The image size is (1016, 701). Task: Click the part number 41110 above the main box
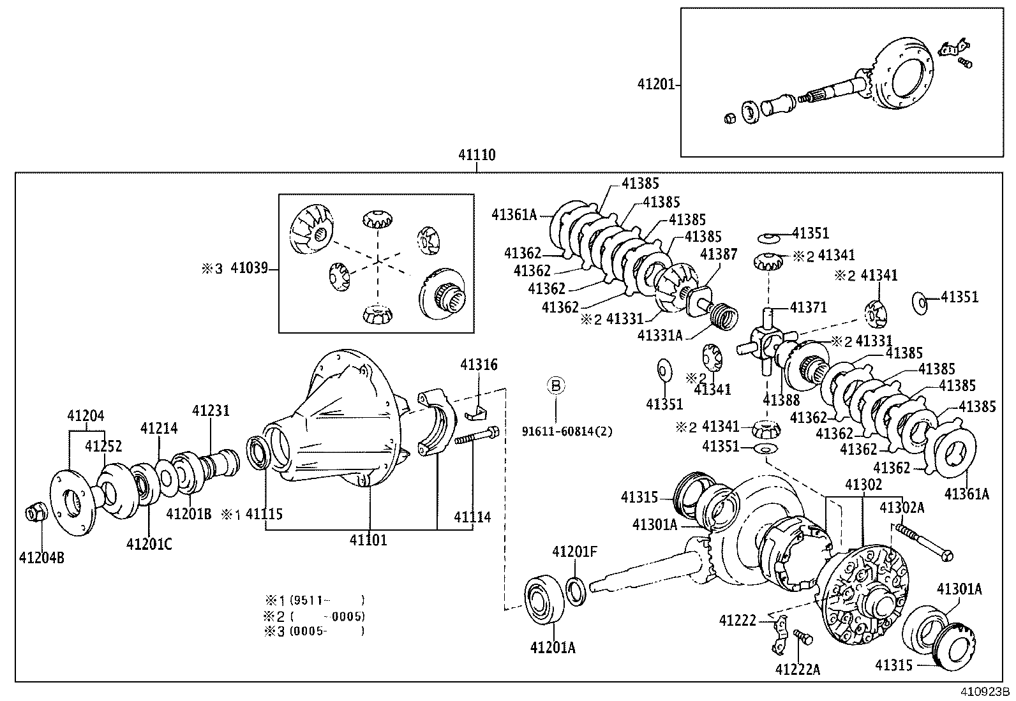coord(477,155)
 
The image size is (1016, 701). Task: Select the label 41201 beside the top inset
coord(655,84)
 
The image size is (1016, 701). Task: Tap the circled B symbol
coord(555,385)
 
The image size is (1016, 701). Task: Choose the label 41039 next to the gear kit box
coord(249,269)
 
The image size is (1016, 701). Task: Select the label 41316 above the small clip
coord(479,365)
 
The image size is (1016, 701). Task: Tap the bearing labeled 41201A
coord(544,598)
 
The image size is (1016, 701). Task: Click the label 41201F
coord(574,552)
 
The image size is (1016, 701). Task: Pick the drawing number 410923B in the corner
coord(985,691)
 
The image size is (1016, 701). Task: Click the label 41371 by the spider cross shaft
coord(808,307)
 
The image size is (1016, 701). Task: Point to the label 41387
coord(719,255)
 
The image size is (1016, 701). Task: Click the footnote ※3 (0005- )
coord(315,631)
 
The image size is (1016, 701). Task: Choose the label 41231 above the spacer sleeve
coord(211,411)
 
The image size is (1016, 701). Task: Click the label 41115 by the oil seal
coord(264,514)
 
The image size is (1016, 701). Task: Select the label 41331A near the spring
coord(659,336)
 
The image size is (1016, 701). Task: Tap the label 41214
coord(159,428)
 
